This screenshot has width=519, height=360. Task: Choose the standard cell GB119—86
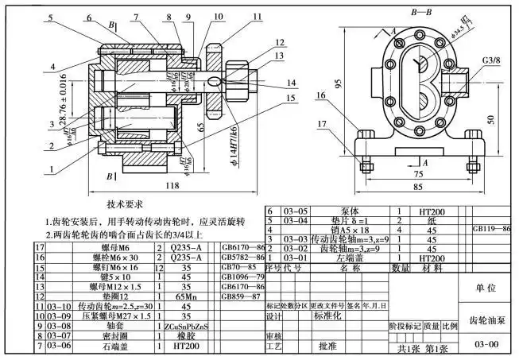pyautogui.click(x=492, y=228)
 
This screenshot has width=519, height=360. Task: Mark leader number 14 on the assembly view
pyautogui.click(x=292, y=83)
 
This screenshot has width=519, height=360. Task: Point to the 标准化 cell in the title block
pyautogui.click(x=327, y=315)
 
